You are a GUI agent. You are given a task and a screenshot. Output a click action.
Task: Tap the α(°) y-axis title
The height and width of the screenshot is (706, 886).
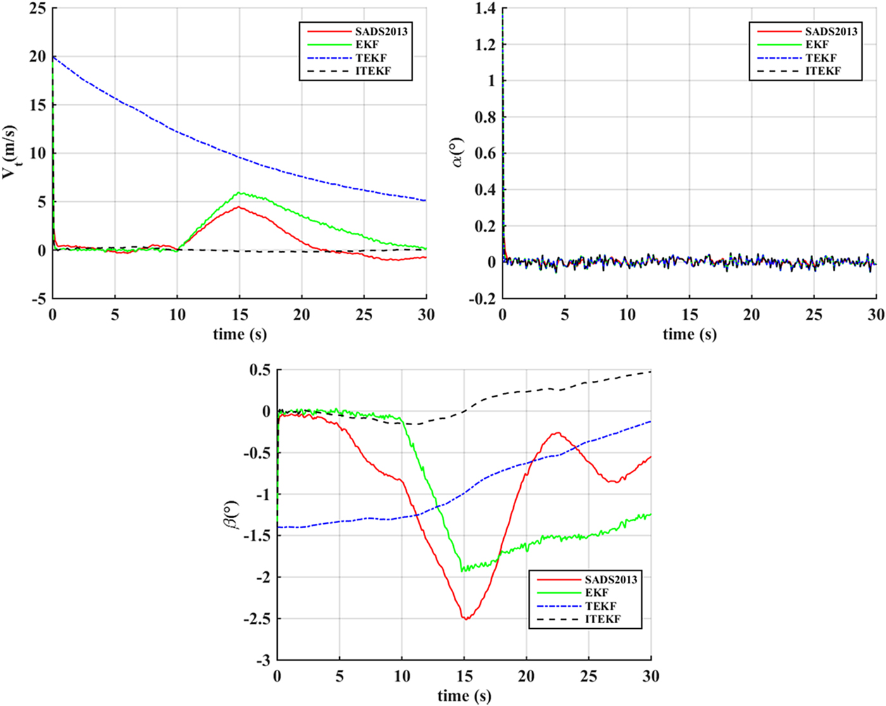tap(458, 152)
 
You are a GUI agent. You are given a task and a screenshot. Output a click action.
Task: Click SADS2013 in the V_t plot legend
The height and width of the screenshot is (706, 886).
tap(381, 32)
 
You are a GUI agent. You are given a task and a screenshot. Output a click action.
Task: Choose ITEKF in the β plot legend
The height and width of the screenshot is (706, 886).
tap(602, 619)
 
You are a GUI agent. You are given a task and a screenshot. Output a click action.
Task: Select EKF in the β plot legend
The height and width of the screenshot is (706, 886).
tap(596, 593)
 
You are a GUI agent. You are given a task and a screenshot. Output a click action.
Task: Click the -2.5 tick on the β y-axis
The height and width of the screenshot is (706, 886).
tap(256, 619)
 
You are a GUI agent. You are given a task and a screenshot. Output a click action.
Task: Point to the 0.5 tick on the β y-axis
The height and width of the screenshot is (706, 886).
tap(259, 370)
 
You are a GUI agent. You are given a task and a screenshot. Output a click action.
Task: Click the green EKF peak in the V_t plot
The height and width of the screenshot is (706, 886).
tap(240, 193)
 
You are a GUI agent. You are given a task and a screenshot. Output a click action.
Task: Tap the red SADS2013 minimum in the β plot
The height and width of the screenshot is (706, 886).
tap(466, 618)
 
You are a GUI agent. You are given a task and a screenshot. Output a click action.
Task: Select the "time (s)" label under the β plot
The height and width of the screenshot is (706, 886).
tap(464, 697)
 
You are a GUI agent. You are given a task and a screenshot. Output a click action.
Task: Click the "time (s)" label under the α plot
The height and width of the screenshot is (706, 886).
tap(689, 334)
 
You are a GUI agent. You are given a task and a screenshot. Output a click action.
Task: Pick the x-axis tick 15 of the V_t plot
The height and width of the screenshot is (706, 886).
tap(239, 314)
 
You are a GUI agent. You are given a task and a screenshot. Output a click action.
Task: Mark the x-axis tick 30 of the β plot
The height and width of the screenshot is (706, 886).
tap(651, 676)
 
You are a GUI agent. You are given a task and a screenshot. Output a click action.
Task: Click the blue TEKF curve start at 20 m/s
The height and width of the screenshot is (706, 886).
tap(54, 58)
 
